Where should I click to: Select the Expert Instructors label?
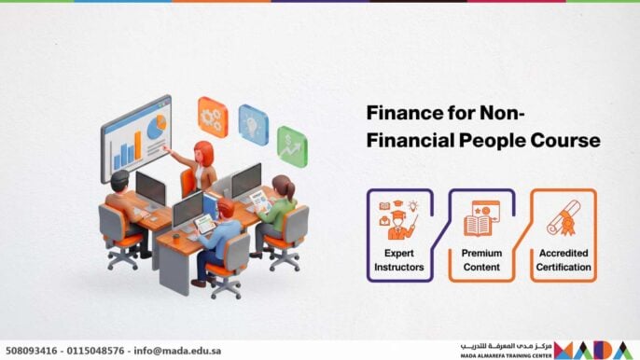tap(404, 260)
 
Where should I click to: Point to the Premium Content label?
tap(481, 260)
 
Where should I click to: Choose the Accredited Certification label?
tap(563, 260)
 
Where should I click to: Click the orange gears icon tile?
tap(213, 116)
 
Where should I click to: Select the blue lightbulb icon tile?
tap(253, 123)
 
